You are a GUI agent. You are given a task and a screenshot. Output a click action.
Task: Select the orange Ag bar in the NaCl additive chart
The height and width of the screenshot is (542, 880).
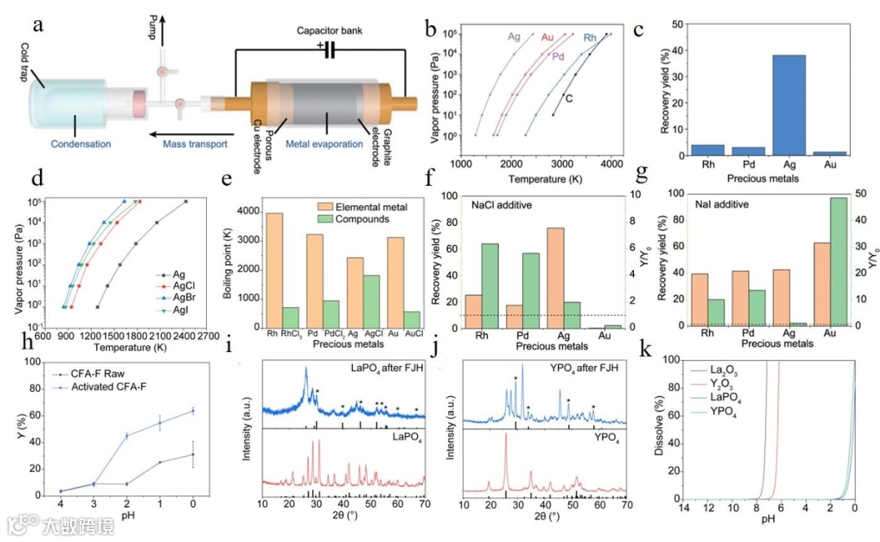[579, 277]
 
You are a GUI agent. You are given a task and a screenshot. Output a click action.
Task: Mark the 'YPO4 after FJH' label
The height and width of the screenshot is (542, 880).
[580, 369]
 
